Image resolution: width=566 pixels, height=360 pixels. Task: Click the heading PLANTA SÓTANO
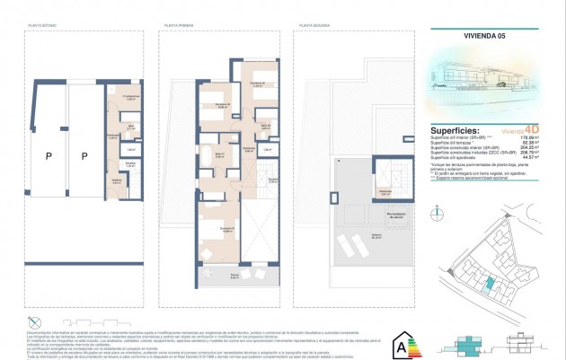(42, 27)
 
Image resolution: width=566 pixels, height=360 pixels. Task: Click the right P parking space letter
(84, 156)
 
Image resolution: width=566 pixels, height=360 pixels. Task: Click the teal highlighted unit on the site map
(488, 284)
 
